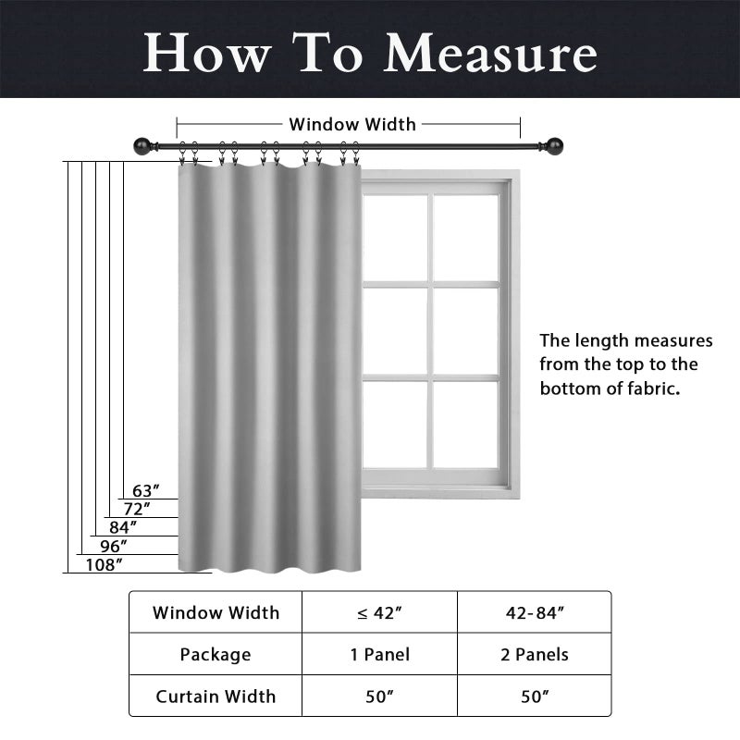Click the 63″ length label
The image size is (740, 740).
click(145, 491)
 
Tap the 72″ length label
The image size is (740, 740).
click(137, 510)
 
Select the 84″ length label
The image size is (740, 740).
click(123, 527)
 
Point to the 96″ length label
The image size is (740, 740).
click(114, 547)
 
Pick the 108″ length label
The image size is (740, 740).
click(104, 564)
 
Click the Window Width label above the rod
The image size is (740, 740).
click(352, 125)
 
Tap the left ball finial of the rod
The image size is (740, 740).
click(142, 146)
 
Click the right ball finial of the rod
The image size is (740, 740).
click(554, 145)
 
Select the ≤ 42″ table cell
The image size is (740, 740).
click(379, 612)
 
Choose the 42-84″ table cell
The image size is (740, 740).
click(535, 612)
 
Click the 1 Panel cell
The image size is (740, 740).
click(379, 655)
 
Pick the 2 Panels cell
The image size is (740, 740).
click(535, 655)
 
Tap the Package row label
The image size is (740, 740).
click(216, 655)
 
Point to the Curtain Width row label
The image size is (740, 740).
click(216, 697)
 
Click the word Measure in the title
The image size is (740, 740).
click(491, 53)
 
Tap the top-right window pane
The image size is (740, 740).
click(465, 238)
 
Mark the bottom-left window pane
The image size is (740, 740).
click(395, 425)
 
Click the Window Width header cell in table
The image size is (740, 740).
click(216, 612)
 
